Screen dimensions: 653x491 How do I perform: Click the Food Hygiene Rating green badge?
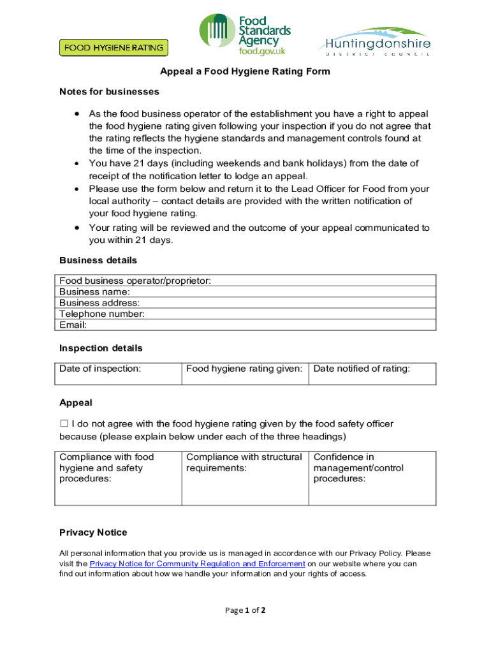click(x=114, y=47)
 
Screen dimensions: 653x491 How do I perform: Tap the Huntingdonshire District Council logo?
click(x=374, y=42)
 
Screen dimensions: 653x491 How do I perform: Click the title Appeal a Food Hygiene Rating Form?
click(x=245, y=71)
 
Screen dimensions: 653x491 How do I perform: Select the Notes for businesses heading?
click(x=109, y=92)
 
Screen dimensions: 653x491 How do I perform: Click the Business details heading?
click(x=98, y=260)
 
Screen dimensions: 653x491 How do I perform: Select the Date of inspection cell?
click(x=118, y=373)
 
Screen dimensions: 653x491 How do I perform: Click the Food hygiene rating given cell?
click(x=245, y=373)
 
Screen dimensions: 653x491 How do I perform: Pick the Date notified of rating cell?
click(x=372, y=373)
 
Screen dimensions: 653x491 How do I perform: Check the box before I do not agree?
click(x=64, y=423)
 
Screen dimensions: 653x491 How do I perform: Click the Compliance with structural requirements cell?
click(x=245, y=478)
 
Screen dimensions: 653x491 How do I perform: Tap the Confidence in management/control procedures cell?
click(x=372, y=478)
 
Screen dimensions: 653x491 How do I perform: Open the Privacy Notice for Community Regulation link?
click(x=197, y=564)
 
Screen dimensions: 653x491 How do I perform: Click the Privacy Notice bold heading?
click(x=93, y=532)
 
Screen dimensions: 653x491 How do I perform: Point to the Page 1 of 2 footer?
click(x=245, y=610)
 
